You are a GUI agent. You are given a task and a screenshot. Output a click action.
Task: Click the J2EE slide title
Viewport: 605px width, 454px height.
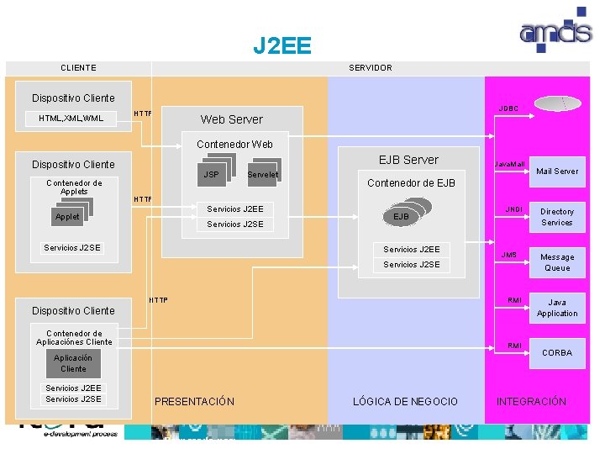tap(282, 45)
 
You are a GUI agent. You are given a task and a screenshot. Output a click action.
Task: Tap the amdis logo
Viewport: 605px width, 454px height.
tap(555, 31)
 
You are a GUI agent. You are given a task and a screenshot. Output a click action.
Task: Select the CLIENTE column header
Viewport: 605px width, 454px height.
tap(78, 68)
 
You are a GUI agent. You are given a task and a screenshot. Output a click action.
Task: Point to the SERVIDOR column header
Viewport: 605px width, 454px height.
tap(370, 68)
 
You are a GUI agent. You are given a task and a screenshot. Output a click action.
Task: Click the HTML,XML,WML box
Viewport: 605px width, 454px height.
tap(71, 119)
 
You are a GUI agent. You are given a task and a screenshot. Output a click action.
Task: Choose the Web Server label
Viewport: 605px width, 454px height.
tap(231, 119)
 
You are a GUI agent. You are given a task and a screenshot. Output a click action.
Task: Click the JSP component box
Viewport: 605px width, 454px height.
tap(211, 174)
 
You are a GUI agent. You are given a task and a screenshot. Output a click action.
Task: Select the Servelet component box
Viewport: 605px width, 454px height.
tap(263, 174)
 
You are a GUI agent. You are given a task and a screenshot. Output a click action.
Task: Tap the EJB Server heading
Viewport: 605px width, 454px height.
tap(408, 160)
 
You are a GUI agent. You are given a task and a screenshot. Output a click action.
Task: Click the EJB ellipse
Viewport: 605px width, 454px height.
tap(402, 217)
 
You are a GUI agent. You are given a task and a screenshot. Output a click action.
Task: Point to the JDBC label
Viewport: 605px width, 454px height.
tap(508, 108)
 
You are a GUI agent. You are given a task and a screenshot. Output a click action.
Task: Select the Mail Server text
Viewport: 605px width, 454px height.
tap(557, 172)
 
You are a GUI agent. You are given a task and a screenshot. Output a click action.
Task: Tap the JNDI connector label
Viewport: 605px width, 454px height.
tap(513, 208)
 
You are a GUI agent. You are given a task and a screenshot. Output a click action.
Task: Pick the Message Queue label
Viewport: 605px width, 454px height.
tap(557, 262)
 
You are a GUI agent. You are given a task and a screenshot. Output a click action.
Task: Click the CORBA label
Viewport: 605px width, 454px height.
tap(556, 353)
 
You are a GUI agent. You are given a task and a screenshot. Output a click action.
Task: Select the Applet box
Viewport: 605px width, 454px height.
tap(67, 216)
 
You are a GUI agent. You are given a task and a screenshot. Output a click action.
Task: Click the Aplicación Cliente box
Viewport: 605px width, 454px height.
tap(73, 363)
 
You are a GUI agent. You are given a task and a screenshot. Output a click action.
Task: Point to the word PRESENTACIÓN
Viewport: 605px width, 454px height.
tap(194, 402)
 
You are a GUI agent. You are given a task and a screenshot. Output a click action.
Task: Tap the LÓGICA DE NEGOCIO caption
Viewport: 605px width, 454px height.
tap(405, 402)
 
